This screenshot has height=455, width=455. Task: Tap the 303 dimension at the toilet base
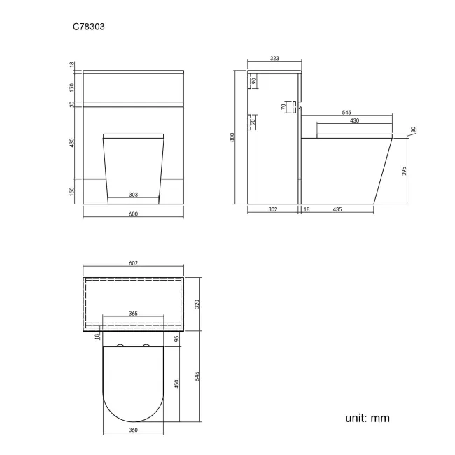(x=133, y=195)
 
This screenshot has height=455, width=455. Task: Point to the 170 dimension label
(x=72, y=87)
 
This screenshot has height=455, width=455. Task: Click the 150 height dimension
(x=72, y=192)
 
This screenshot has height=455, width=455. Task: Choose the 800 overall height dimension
(x=232, y=138)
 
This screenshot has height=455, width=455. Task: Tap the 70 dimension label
(x=283, y=107)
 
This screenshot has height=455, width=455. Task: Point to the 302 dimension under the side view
(x=272, y=209)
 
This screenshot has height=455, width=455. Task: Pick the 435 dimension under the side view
(x=337, y=209)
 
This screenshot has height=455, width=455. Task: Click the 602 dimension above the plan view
(x=133, y=263)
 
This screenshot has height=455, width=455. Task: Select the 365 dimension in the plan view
(x=133, y=314)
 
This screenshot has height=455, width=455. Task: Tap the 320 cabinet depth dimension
(x=197, y=303)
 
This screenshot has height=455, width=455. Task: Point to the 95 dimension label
(x=177, y=339)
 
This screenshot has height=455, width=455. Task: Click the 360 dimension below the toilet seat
(x=133, y=430)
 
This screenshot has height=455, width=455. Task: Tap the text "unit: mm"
(x=367, y=418)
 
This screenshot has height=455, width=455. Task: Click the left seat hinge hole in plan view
(x=119, y=347)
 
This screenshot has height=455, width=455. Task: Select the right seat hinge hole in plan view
(x=147, y=347)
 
